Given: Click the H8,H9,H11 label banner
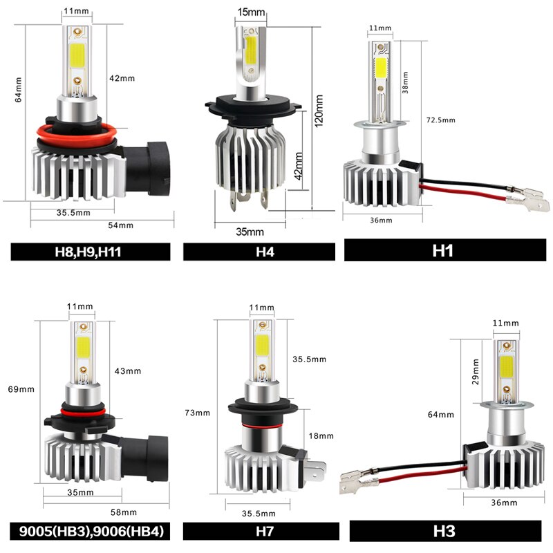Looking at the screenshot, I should click(x=91, y=252).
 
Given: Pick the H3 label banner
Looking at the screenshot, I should click(x=442, y=532).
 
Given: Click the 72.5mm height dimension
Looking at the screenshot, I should click(x=440, y=120).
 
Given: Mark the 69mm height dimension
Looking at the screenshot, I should click(x=21, y=389).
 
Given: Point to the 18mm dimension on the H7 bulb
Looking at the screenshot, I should click(x=322, y=435).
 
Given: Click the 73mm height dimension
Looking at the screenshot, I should click(x=198, y=413).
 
